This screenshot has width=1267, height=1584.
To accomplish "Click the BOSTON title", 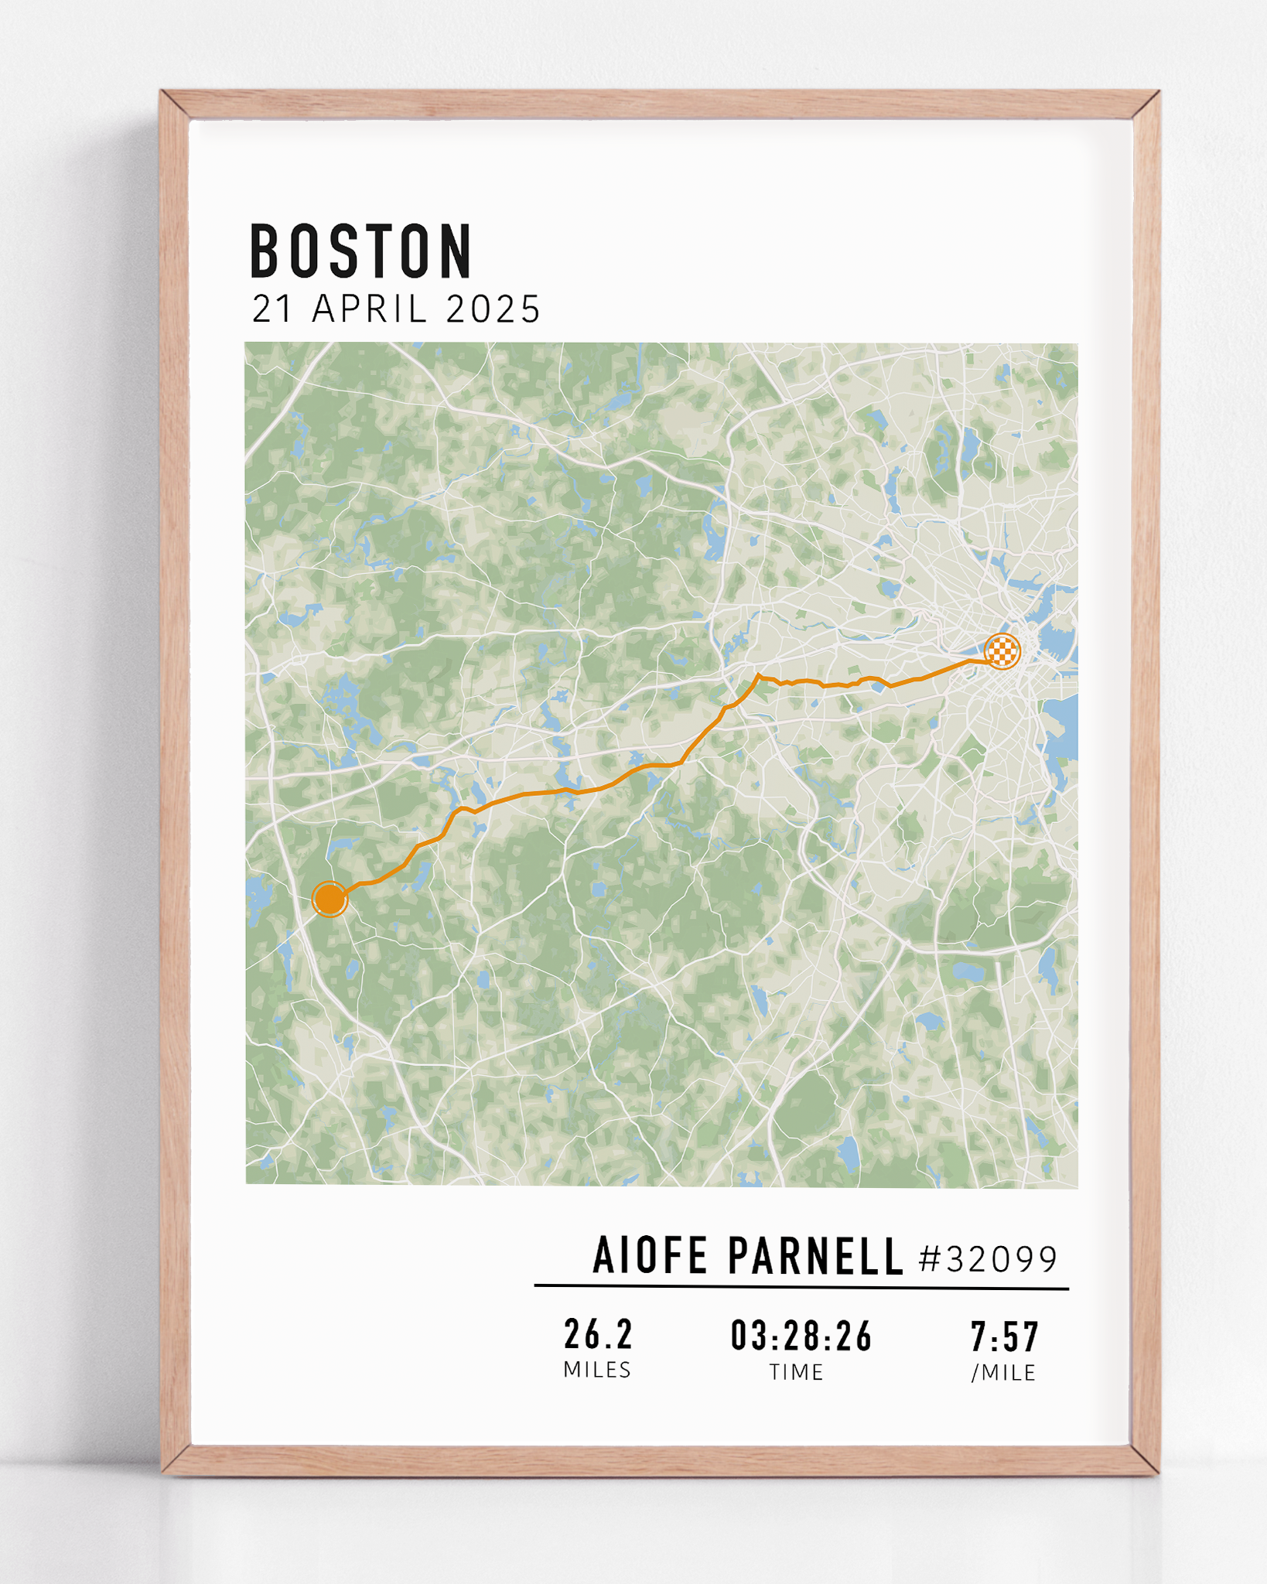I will click(x=360, y=251).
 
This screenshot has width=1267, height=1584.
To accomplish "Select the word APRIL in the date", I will click(x=370, y=309).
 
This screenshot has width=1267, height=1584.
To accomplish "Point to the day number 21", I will click(x=271, y=309).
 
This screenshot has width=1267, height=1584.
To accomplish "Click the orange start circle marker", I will click(x=330, y=900).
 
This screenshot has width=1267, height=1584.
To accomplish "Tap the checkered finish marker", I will click(x=1002, y=651).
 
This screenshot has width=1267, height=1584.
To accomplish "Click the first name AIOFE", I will click(x=650, y=1255).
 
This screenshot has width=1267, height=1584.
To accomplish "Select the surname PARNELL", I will click(x=815, y=1255).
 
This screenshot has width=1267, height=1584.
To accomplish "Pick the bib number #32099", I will click(x=988, y=1259).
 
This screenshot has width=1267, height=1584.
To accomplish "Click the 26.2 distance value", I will click(x=598, y=1334).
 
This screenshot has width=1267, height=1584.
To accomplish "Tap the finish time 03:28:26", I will click(x=801, y=1336).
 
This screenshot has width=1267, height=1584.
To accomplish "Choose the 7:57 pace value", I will click(x=1005, y=1336).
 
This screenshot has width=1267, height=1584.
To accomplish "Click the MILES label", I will click(x=597, y=1370).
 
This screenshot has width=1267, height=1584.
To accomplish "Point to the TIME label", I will click(x=796, y=1372).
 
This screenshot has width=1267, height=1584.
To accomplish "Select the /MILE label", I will click(x=1003, y=1373).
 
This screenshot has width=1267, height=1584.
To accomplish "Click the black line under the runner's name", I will click(x=801, y=1288).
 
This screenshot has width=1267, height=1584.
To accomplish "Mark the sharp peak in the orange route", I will click(x=758, y=676).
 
